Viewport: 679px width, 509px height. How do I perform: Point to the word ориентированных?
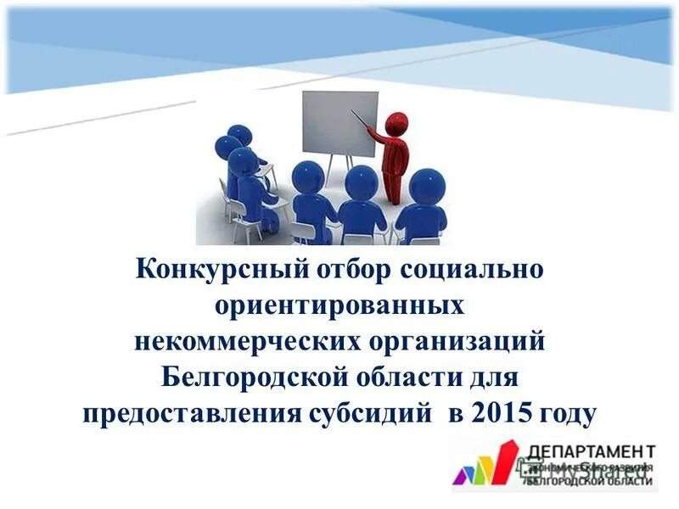339,305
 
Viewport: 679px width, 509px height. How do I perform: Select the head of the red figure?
396,124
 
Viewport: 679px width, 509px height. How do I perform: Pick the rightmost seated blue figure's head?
426,186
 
